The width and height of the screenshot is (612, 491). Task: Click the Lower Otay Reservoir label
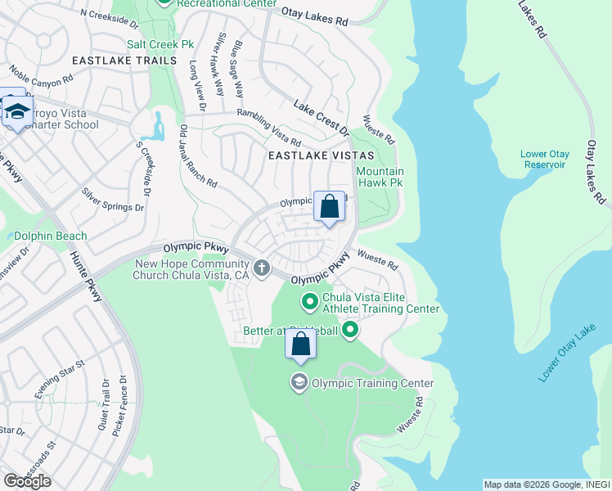click(x=544, y=159)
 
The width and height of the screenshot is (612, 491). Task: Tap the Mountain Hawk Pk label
click(x=380, y=178)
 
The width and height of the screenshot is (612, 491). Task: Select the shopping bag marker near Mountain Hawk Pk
click(x=329, y=208)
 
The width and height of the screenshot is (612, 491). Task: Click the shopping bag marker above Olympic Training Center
click(x=300, y=345)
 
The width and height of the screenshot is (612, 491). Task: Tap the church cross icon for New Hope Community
click(x=262, y=268)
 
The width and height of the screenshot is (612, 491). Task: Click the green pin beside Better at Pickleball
click(x=350, y=331)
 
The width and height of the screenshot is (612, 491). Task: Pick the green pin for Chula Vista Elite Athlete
click(x=310, y=303)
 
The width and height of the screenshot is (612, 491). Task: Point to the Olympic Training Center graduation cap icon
click(x=299, y=382)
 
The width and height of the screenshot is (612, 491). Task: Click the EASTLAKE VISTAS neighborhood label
click(x=322, y=155)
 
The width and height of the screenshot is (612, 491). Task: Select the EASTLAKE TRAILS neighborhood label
click(x=124, y=61)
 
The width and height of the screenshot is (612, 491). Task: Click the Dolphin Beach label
click(x=50, y=236)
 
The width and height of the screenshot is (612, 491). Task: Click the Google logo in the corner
click(x=27, y=480)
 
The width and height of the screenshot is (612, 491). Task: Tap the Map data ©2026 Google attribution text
click(x=545, y=484)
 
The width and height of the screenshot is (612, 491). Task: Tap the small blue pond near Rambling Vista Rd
click(x=154, y=126)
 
